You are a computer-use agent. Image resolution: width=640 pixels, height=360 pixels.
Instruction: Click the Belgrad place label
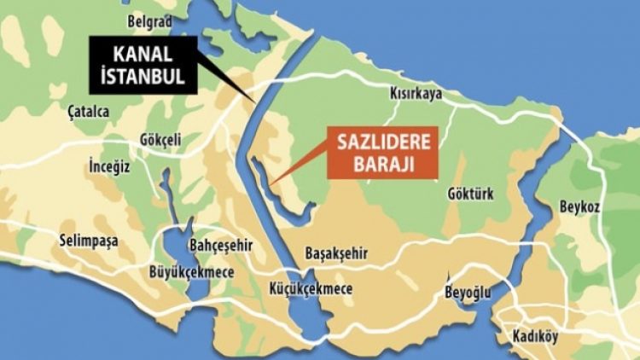click(x=149, y=20)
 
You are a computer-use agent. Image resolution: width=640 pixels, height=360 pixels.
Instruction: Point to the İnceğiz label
click(x=110, y=166)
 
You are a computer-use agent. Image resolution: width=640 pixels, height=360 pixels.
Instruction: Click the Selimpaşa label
click(x=89, y=241)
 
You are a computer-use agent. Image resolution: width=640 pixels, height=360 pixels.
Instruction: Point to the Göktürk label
click(x=470, y=194)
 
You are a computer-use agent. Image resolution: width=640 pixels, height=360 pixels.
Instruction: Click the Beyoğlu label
click(x=468, y=293)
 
